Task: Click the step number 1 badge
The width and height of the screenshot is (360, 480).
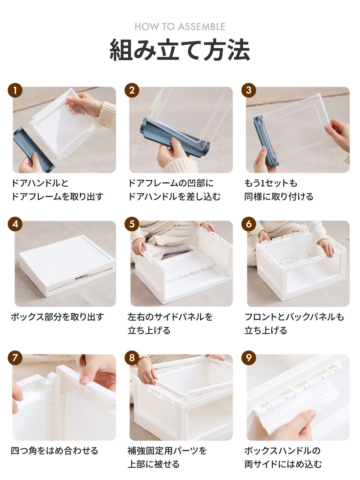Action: point(15,90)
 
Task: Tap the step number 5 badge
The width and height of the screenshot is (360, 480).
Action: point(132,224)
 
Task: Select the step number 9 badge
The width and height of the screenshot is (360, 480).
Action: point(249,358)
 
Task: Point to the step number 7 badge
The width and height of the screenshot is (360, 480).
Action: point(15,358)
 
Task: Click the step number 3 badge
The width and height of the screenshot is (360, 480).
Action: point(249,90)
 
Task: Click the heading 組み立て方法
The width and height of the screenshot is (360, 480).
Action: point(180,49)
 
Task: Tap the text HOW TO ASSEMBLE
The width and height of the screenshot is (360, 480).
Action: point(180,27)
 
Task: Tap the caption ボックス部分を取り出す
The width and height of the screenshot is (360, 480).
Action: point(57,316)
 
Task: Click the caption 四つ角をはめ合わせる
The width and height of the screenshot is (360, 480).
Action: point(54,451)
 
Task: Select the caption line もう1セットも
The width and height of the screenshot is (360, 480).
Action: point(271,183)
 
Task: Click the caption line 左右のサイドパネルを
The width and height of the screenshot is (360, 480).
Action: point(170,316)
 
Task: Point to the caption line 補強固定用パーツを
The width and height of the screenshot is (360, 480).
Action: point(167,451)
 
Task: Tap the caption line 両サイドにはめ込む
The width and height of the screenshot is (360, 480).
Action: point(283,464)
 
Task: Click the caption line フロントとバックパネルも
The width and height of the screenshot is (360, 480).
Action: point(294,316)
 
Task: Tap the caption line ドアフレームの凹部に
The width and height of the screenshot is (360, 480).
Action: point(171,183)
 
